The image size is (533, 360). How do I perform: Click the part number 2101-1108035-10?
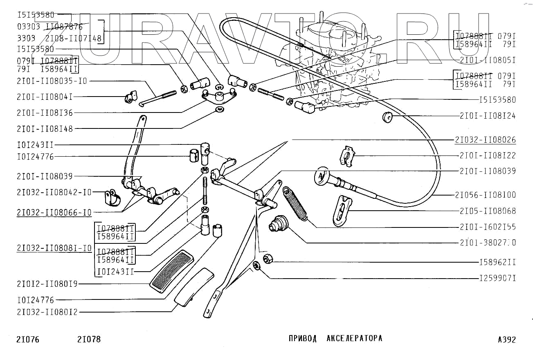click(52, 81)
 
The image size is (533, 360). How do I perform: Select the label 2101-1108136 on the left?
click(45, 113)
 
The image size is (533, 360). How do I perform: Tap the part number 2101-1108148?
click(45, 129)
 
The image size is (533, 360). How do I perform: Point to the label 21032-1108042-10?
click(54, 192)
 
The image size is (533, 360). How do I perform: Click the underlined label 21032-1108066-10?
click(54, 213)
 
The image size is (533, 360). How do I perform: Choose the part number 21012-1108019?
click(47, 283)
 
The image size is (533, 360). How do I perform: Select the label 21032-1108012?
click(47, 313)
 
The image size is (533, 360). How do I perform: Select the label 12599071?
click(497, 279)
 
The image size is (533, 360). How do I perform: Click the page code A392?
click(507, 340)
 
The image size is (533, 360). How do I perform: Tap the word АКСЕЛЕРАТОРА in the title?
click(355, 338)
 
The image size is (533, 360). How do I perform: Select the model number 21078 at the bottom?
click(89, 340)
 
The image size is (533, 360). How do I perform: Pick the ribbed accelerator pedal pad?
click(172, 270)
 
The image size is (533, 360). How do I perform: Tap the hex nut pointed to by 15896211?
click(268, 259)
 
